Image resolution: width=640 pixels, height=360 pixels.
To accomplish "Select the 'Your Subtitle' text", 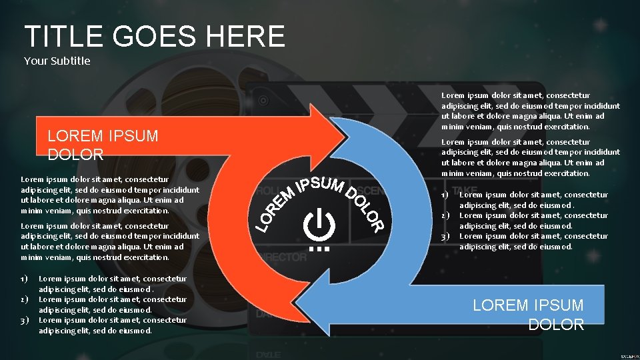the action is click(x=57, y=61).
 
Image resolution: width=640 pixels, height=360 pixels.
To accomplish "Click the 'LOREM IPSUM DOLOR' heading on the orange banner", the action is click(x=103, y=145).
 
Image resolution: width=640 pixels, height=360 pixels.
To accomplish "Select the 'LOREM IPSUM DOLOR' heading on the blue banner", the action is click(x=528, y=315).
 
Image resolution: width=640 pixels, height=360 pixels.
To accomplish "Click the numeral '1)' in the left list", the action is click(x=25, y=279).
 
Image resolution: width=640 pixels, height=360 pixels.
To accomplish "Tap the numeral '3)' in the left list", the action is click(x=25, y=320).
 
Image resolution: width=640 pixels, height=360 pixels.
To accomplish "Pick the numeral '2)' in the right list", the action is click(x=445, y=215).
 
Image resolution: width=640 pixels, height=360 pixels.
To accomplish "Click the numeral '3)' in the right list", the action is click(x=445, y=236).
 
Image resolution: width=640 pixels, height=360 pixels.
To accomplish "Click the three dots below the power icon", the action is click(x=319, y=249).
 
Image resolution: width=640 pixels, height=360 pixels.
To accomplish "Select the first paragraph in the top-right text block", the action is click(x=531, y=111).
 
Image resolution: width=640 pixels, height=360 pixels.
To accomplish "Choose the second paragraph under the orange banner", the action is click(x=110, y=241).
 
